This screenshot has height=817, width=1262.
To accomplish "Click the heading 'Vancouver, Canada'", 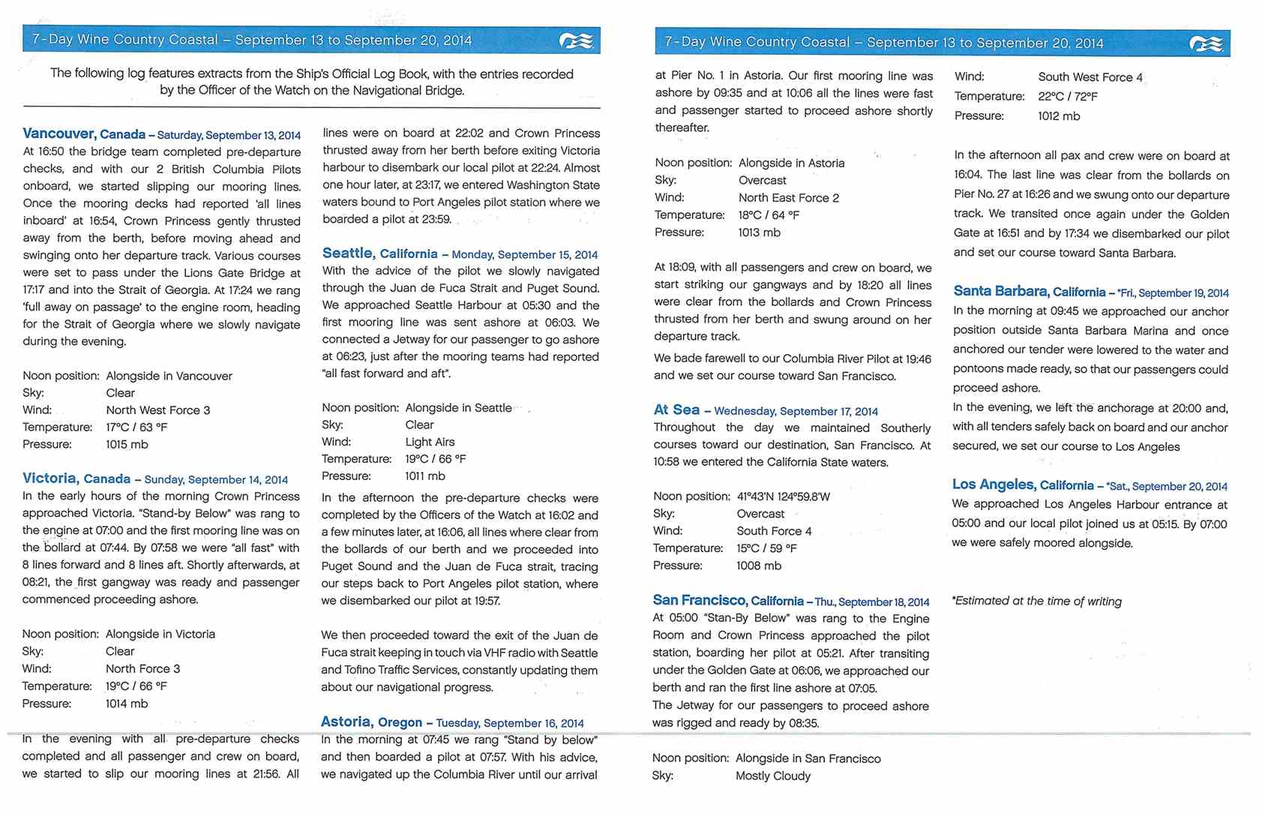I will [x=84, y=134].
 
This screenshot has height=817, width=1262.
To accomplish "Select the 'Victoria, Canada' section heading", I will [x=76, y=479].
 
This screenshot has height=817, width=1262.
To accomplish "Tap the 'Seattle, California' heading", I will [x=379, y=254].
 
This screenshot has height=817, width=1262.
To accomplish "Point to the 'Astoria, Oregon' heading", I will [x=371, y=722].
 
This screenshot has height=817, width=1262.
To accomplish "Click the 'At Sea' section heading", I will [x=676, y=410].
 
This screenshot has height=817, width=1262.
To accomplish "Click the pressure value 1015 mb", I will [x=127, y=444].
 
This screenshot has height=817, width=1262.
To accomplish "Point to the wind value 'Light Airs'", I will [x=430, y=442].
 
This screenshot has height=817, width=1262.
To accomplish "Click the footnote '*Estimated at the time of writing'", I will [x=1036, y=601].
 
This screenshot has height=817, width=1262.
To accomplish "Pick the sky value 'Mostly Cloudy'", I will [x=772, y=776].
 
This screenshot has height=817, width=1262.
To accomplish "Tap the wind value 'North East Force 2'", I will [x=788, y=198].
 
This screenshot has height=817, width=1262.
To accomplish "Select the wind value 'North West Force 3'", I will [x=157, y=410].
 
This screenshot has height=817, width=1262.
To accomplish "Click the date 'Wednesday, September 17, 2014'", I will [x=796, y=411].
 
